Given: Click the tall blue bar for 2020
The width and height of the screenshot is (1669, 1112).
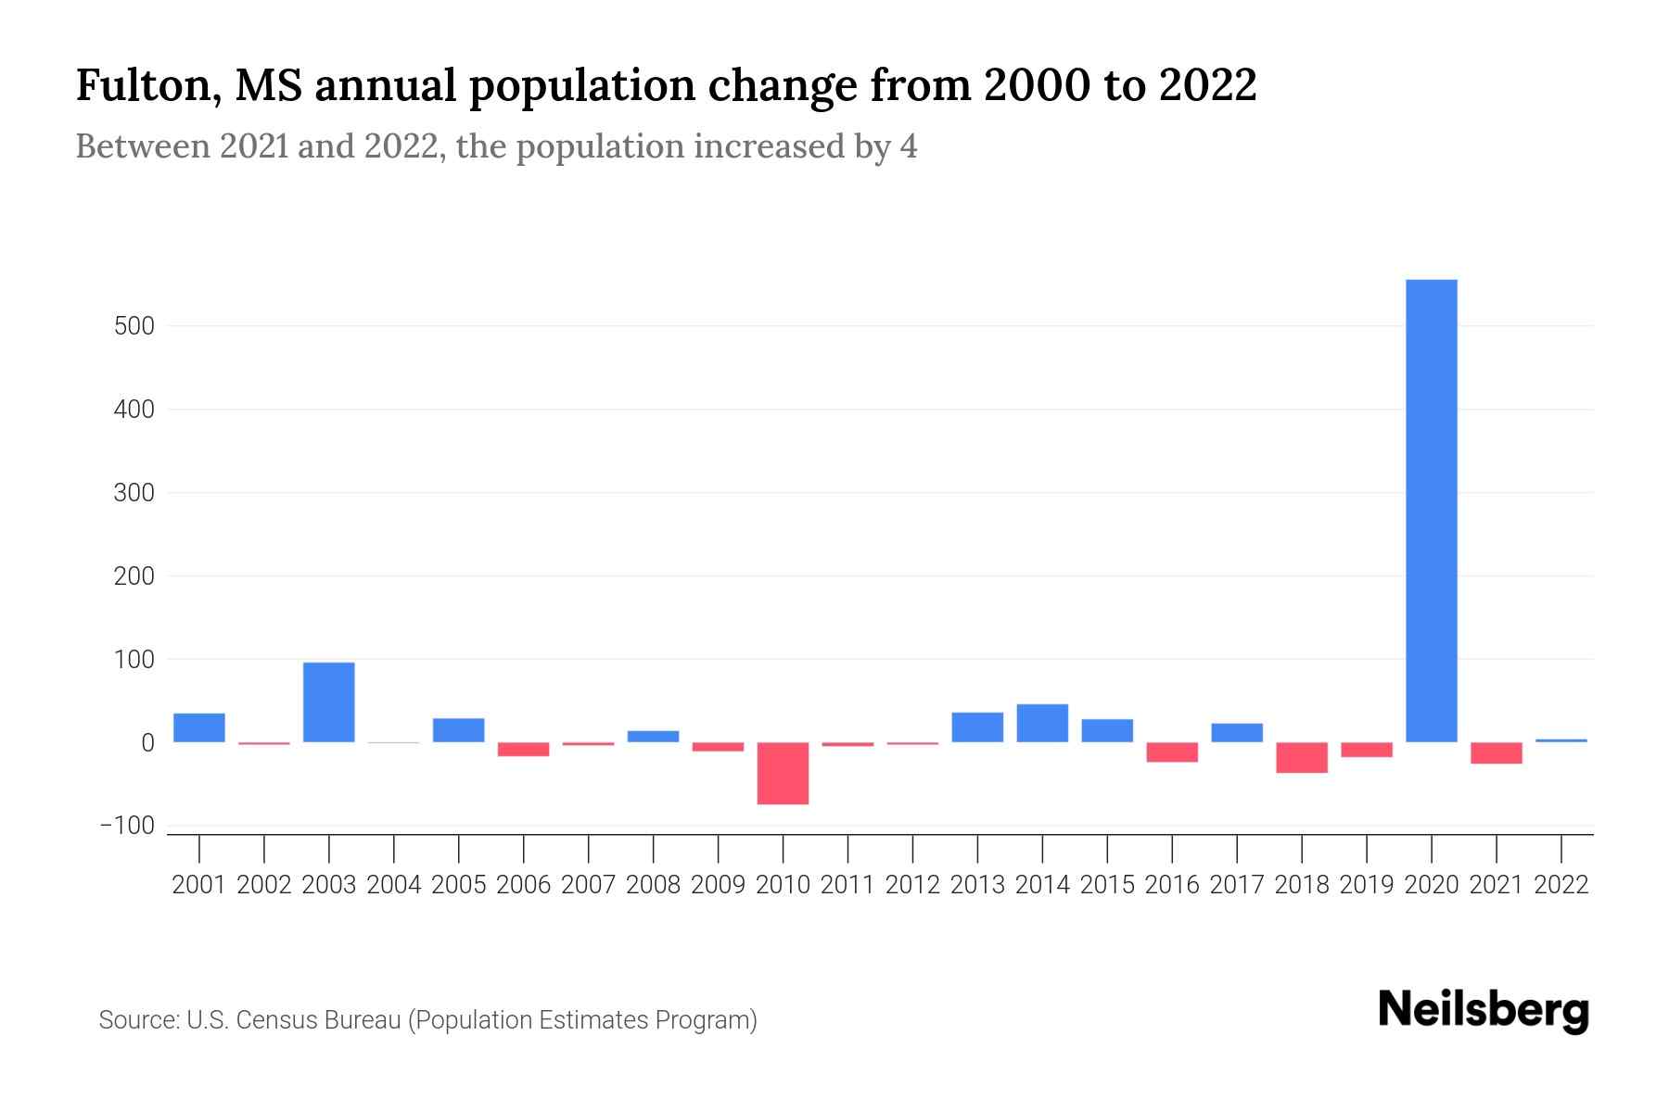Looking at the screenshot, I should [1431, 510].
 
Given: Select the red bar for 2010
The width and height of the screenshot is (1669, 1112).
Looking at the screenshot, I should [783, 773].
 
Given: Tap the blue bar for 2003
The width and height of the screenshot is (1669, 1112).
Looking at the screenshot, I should [329, 701].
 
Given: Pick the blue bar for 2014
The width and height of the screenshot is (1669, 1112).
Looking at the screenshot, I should [1042, 723].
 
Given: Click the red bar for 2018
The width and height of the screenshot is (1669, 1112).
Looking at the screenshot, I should [1302, 757].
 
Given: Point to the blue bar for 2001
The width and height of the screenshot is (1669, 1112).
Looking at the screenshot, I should [199, 727].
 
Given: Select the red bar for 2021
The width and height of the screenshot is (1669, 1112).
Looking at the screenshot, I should [1496, 752].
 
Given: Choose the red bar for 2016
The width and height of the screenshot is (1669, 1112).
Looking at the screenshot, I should [1172, 752].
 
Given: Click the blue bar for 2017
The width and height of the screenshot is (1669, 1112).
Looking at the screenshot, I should [1237, 732].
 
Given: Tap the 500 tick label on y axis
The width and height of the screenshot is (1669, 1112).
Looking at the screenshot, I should [134, 326].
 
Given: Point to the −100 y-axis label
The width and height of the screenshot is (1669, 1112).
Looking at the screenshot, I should [127, 826].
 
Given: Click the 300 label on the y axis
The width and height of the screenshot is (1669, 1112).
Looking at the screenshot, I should [134, 493].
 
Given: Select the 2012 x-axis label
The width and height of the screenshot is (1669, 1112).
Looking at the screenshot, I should [912, 885].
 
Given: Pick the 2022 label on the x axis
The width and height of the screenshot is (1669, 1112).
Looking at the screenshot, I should [1561, 885].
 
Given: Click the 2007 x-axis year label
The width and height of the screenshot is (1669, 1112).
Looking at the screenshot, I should [588, 885].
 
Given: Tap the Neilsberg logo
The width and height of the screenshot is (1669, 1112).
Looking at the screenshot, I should [1484, 1010].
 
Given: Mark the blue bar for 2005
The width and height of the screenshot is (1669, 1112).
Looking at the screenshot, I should [458, 730].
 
